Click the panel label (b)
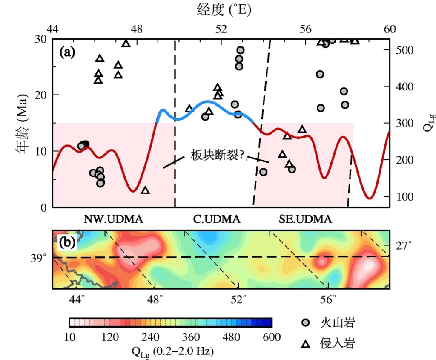[67, 242]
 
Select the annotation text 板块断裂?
[217, 156]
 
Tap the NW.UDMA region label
[113, 219]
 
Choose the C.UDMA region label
[217, 219]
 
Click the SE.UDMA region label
[305, 219]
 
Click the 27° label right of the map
[404, 246]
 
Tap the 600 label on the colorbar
[272, 337]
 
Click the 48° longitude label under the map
[155, 300]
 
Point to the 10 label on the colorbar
[69, 337]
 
